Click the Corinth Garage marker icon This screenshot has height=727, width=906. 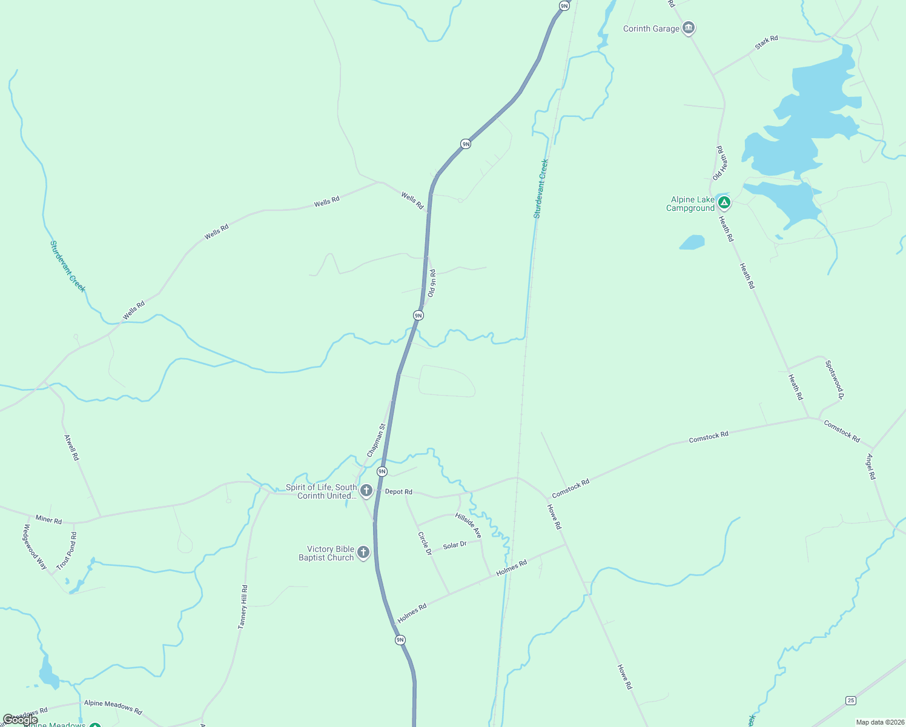click(688, 28)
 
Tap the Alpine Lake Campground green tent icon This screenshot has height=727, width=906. click(724, 202)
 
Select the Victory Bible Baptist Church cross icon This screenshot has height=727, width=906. click(363, 552)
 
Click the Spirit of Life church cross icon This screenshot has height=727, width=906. click(366, 490)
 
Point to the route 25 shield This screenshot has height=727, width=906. click(851, 700)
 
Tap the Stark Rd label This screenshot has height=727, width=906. click(766, 42)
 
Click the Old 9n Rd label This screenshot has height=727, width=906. click(432, 283)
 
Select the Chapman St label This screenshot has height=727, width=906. click(376, 440)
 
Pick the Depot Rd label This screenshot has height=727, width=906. click(398, 491)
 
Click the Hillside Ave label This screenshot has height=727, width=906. click(468, 525)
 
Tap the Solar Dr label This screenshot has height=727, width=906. click(455, 545)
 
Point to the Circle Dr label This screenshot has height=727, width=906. click(425, 543)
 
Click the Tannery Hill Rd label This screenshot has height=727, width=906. click(243, 606)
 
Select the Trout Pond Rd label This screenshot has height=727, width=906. click(67, 551)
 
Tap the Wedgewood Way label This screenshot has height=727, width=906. click(35, 546)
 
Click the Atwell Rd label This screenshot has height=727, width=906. click(71, 447)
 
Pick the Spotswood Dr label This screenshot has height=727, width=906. click(834, 380)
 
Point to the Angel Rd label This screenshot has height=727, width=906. click(871, 466)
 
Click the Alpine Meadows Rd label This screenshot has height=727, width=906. click(113, 706)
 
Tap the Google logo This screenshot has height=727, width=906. click(20, 719)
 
